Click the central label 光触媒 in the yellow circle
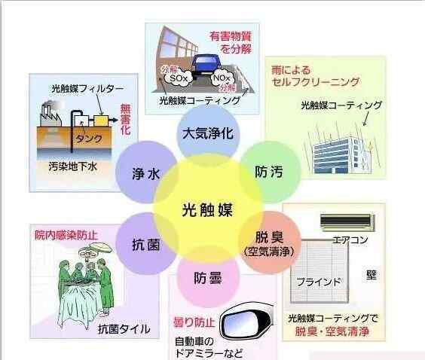pyautogui.click(x=207, y=209)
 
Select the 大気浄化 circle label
pyautogui.click(x=208, y=133)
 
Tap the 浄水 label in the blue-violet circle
pyautogui.click(x=146, y=174)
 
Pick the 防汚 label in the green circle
pyautogui.click(x=269, y=172)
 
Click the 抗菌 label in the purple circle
pyautogui.click(x=146, y=244)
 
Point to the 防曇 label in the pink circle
pyautogui.click(x=208, y=278)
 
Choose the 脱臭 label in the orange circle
pyautogui.click(x=270, y=237)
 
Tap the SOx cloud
pyautogui.click(x=179, y=78)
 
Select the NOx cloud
pyautogui.click(x=222, y=78)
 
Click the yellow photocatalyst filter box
pyautogui.click(x=101, y=121)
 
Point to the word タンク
pyautogui.click(x=89, y=139)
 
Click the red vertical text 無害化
pyautogui.click(x=125, y=120)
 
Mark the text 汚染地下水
pyautogui.click(x=73, y=166)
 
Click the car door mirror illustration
pyautogui.click(x=246, y=322)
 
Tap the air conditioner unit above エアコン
pyautogui.click(x=347, y=222)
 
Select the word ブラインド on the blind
pyautogui.click(x=319, y=282)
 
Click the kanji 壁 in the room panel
pyautogui.click(x=371, y=275)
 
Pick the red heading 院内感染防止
pyautogui.click(x=66, y=235)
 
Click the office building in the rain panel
pyautogui.click(x=342, y=154)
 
